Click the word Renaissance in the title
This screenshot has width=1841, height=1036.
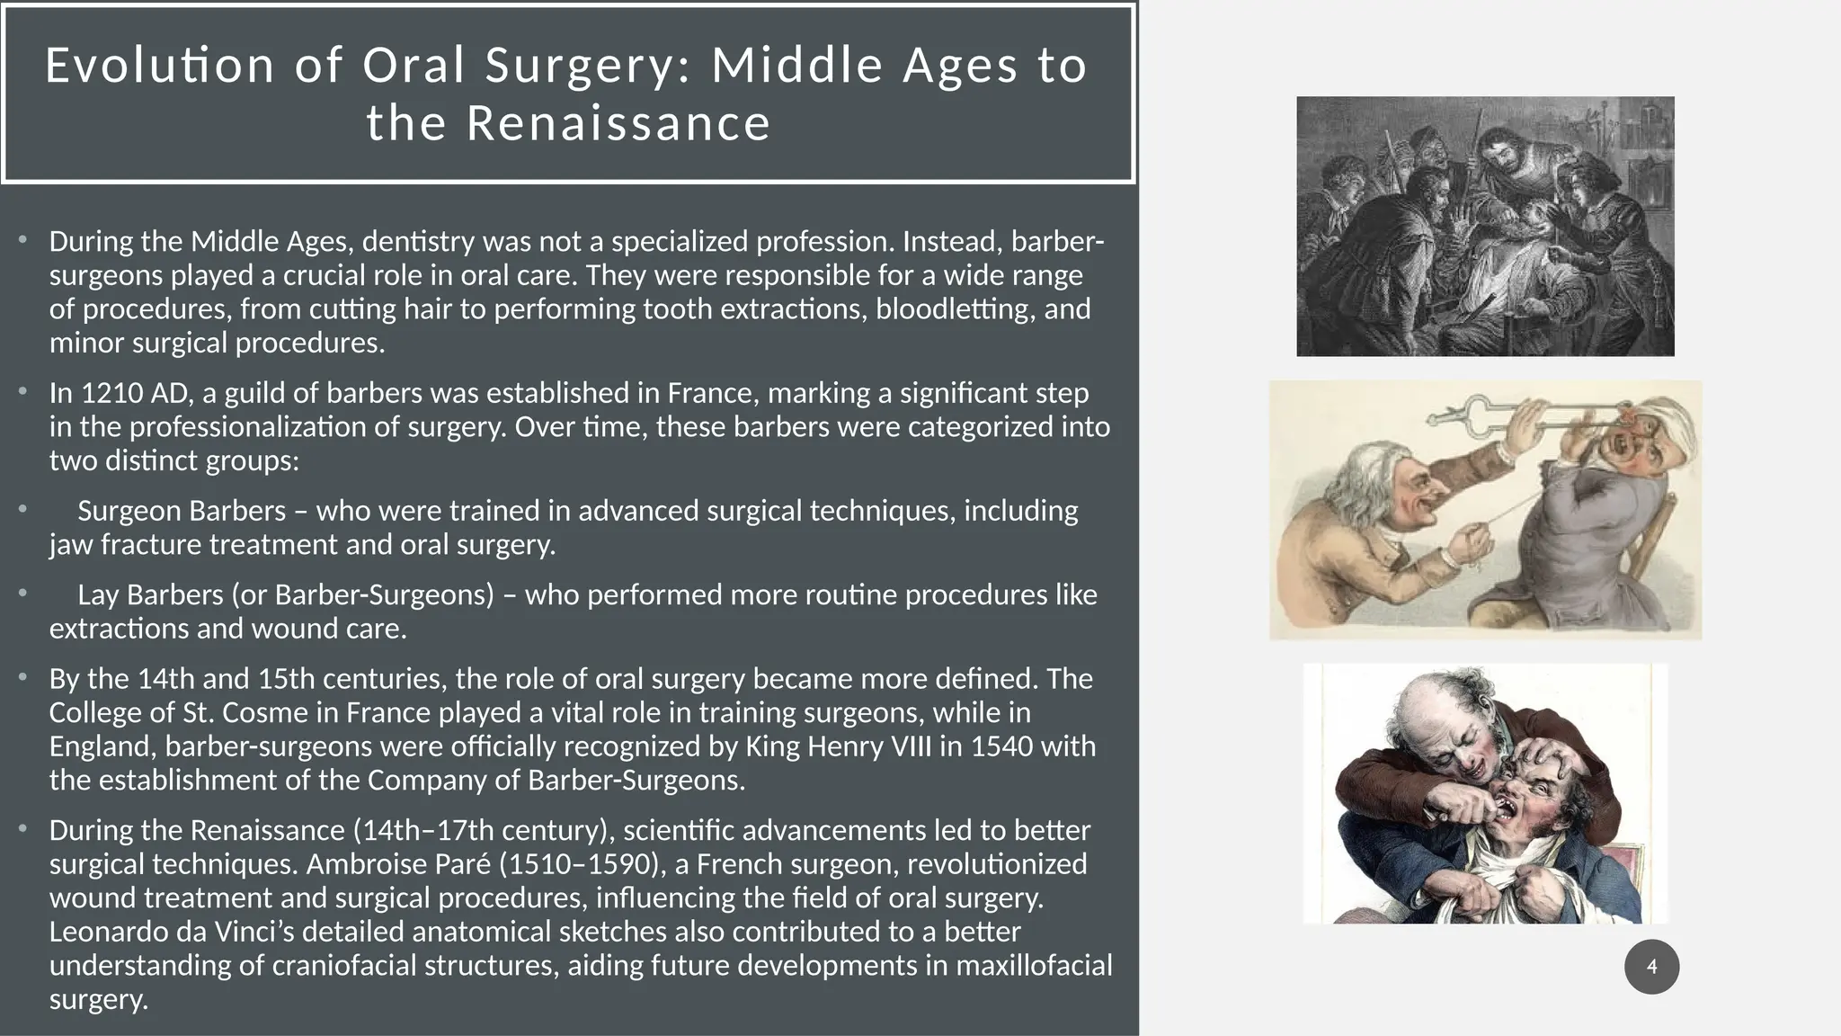coord(618,122)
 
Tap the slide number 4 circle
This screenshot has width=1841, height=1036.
coord(1651,967)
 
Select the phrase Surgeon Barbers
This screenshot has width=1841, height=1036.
coord(181,511)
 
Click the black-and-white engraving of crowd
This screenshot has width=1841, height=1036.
coord(1484,226)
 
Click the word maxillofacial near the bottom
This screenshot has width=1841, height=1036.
coord(1034,965)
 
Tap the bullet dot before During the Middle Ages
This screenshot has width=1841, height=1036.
coord(23,239)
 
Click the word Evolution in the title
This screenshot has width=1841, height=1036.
coord(159,65)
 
